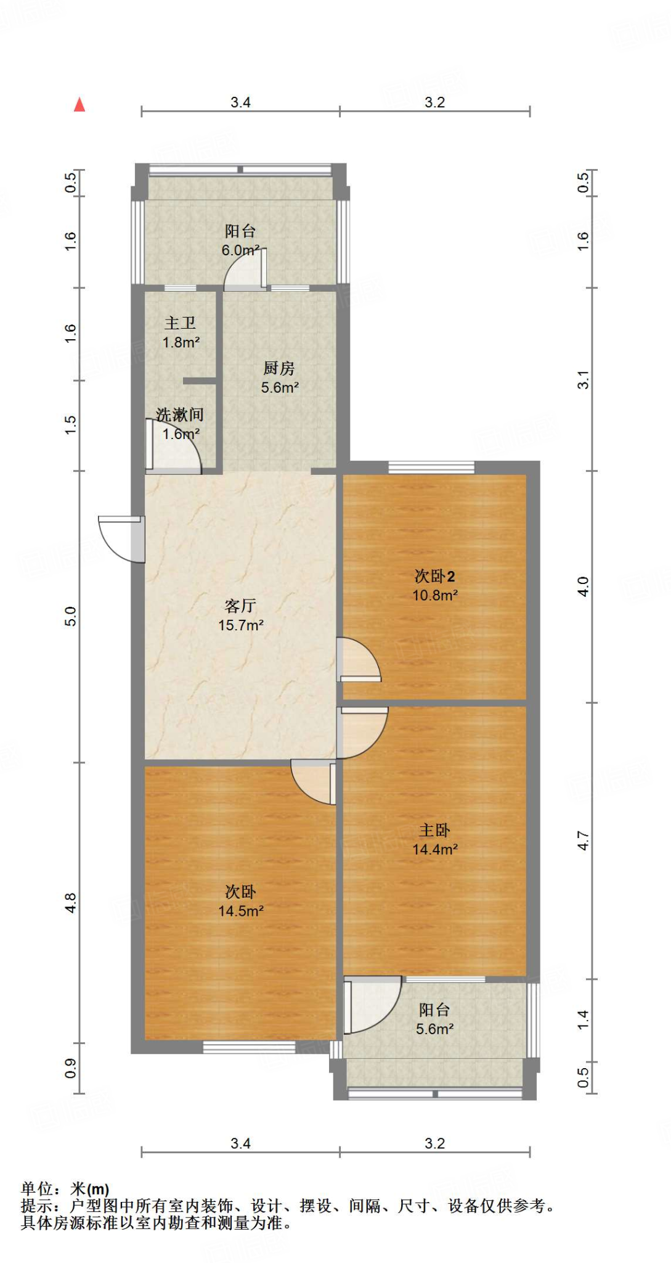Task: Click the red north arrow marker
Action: click(79, 105)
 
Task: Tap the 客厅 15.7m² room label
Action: click(241, 615)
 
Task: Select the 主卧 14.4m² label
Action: click(435, 839)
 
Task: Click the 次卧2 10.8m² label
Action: click(435, 585)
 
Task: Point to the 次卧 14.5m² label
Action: click(241, 901)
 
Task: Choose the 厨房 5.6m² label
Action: click(280, 377)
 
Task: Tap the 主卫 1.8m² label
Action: click(181, 332)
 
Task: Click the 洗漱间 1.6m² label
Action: click(180, 424)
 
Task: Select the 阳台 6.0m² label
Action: click(240, 241)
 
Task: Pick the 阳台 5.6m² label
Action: click(435, 1019)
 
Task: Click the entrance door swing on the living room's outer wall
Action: click(122, 538)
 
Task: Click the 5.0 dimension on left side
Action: click(71, 616)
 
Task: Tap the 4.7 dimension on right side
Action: click(583, 841)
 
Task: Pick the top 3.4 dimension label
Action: click(240, 102)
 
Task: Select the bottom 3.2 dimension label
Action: click(434, 1143)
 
